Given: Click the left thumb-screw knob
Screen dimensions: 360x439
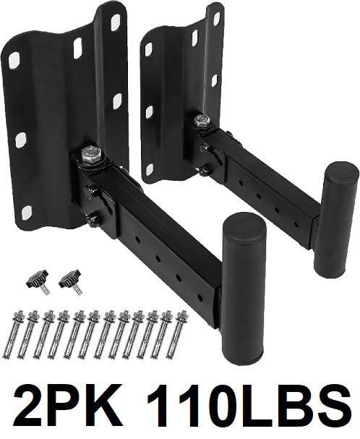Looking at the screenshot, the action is pos(38,281).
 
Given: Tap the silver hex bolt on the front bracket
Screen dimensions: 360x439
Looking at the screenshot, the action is pos(90,155).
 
